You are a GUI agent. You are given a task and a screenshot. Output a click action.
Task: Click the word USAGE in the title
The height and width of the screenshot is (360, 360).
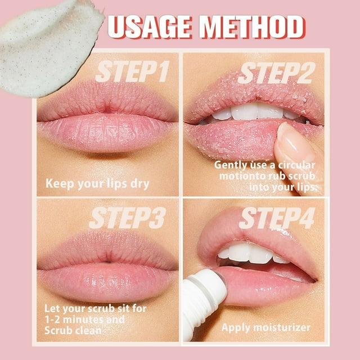point(150,26)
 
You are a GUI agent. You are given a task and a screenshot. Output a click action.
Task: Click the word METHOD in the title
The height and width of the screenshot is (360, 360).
point(252,26)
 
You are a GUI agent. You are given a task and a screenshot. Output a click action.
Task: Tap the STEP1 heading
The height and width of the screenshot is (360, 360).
point(133,71)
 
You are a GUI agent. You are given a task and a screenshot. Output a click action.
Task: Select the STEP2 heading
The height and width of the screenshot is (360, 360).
point(277,73)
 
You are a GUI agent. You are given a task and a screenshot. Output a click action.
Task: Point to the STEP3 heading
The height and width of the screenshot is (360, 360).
point(128,218)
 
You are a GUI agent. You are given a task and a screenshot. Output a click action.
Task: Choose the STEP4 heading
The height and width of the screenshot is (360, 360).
point(277,218)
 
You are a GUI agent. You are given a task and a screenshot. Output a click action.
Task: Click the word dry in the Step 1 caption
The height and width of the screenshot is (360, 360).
point(140,184)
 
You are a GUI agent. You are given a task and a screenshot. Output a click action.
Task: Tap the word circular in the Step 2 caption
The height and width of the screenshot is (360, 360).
point(296,165)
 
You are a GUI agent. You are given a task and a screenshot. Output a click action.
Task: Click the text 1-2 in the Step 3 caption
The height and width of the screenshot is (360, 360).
point(52,319)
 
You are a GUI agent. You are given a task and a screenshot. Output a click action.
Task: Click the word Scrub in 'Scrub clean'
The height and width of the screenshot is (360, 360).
point(58,331)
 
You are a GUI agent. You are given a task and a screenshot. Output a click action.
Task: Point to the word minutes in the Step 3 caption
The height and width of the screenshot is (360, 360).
point(80,319)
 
